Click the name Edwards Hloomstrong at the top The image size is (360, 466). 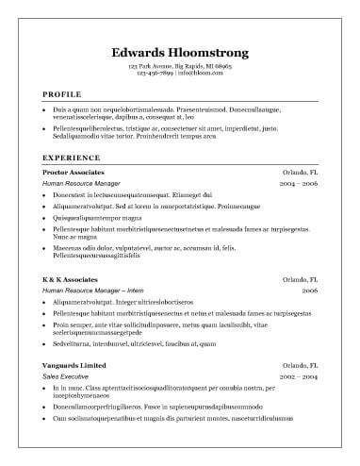coord(179,52)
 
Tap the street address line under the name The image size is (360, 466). coord(179,68)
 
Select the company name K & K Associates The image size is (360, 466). coord(71,280)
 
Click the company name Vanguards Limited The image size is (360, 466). coord(74,365)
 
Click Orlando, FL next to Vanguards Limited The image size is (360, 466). coord(301,365)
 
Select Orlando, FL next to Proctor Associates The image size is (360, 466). coord(301,174)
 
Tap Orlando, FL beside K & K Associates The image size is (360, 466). coord(301,280)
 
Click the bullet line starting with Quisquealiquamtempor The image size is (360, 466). coord(105,216)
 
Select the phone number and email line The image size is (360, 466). coord(179,75)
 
